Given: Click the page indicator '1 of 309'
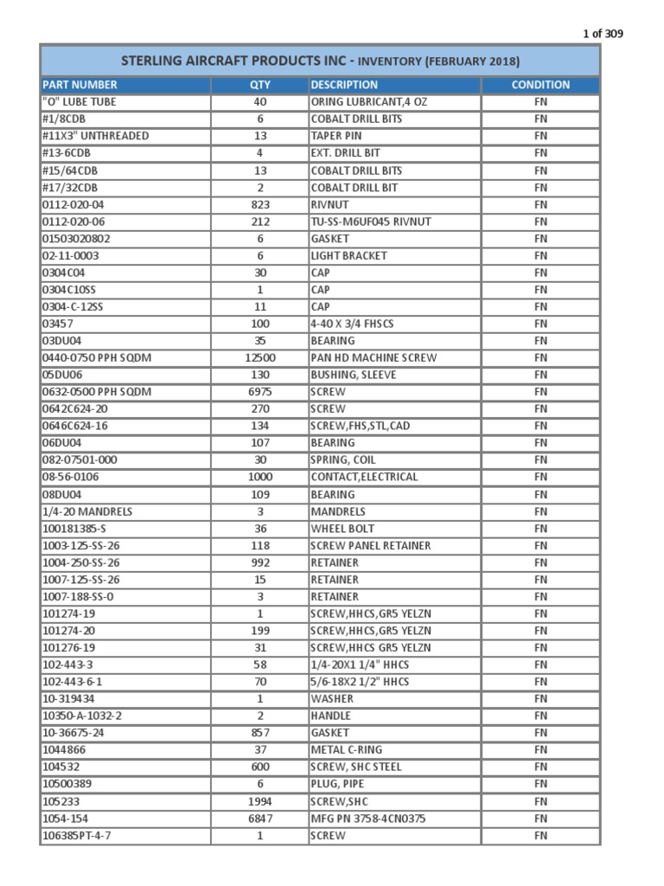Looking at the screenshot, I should click(602, 34).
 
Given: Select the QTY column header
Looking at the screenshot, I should click(259, 85).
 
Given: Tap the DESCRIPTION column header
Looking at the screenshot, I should click(344, 85).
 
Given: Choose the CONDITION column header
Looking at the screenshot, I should click(540, 85).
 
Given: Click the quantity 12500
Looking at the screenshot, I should click(259, 357).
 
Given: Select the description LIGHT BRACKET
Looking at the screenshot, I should click(349, 256).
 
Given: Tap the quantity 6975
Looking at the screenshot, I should click(259, 392).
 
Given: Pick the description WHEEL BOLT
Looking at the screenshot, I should click(343, 529).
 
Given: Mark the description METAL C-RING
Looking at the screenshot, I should click(346, 750).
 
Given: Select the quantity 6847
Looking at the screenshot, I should click(259, 819).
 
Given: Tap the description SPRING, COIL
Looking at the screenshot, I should click(343, 460).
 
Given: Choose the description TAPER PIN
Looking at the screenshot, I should click(336, 136).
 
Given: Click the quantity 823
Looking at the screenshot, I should click(259, 205).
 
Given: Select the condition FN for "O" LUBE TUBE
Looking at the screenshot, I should click(540, 102).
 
